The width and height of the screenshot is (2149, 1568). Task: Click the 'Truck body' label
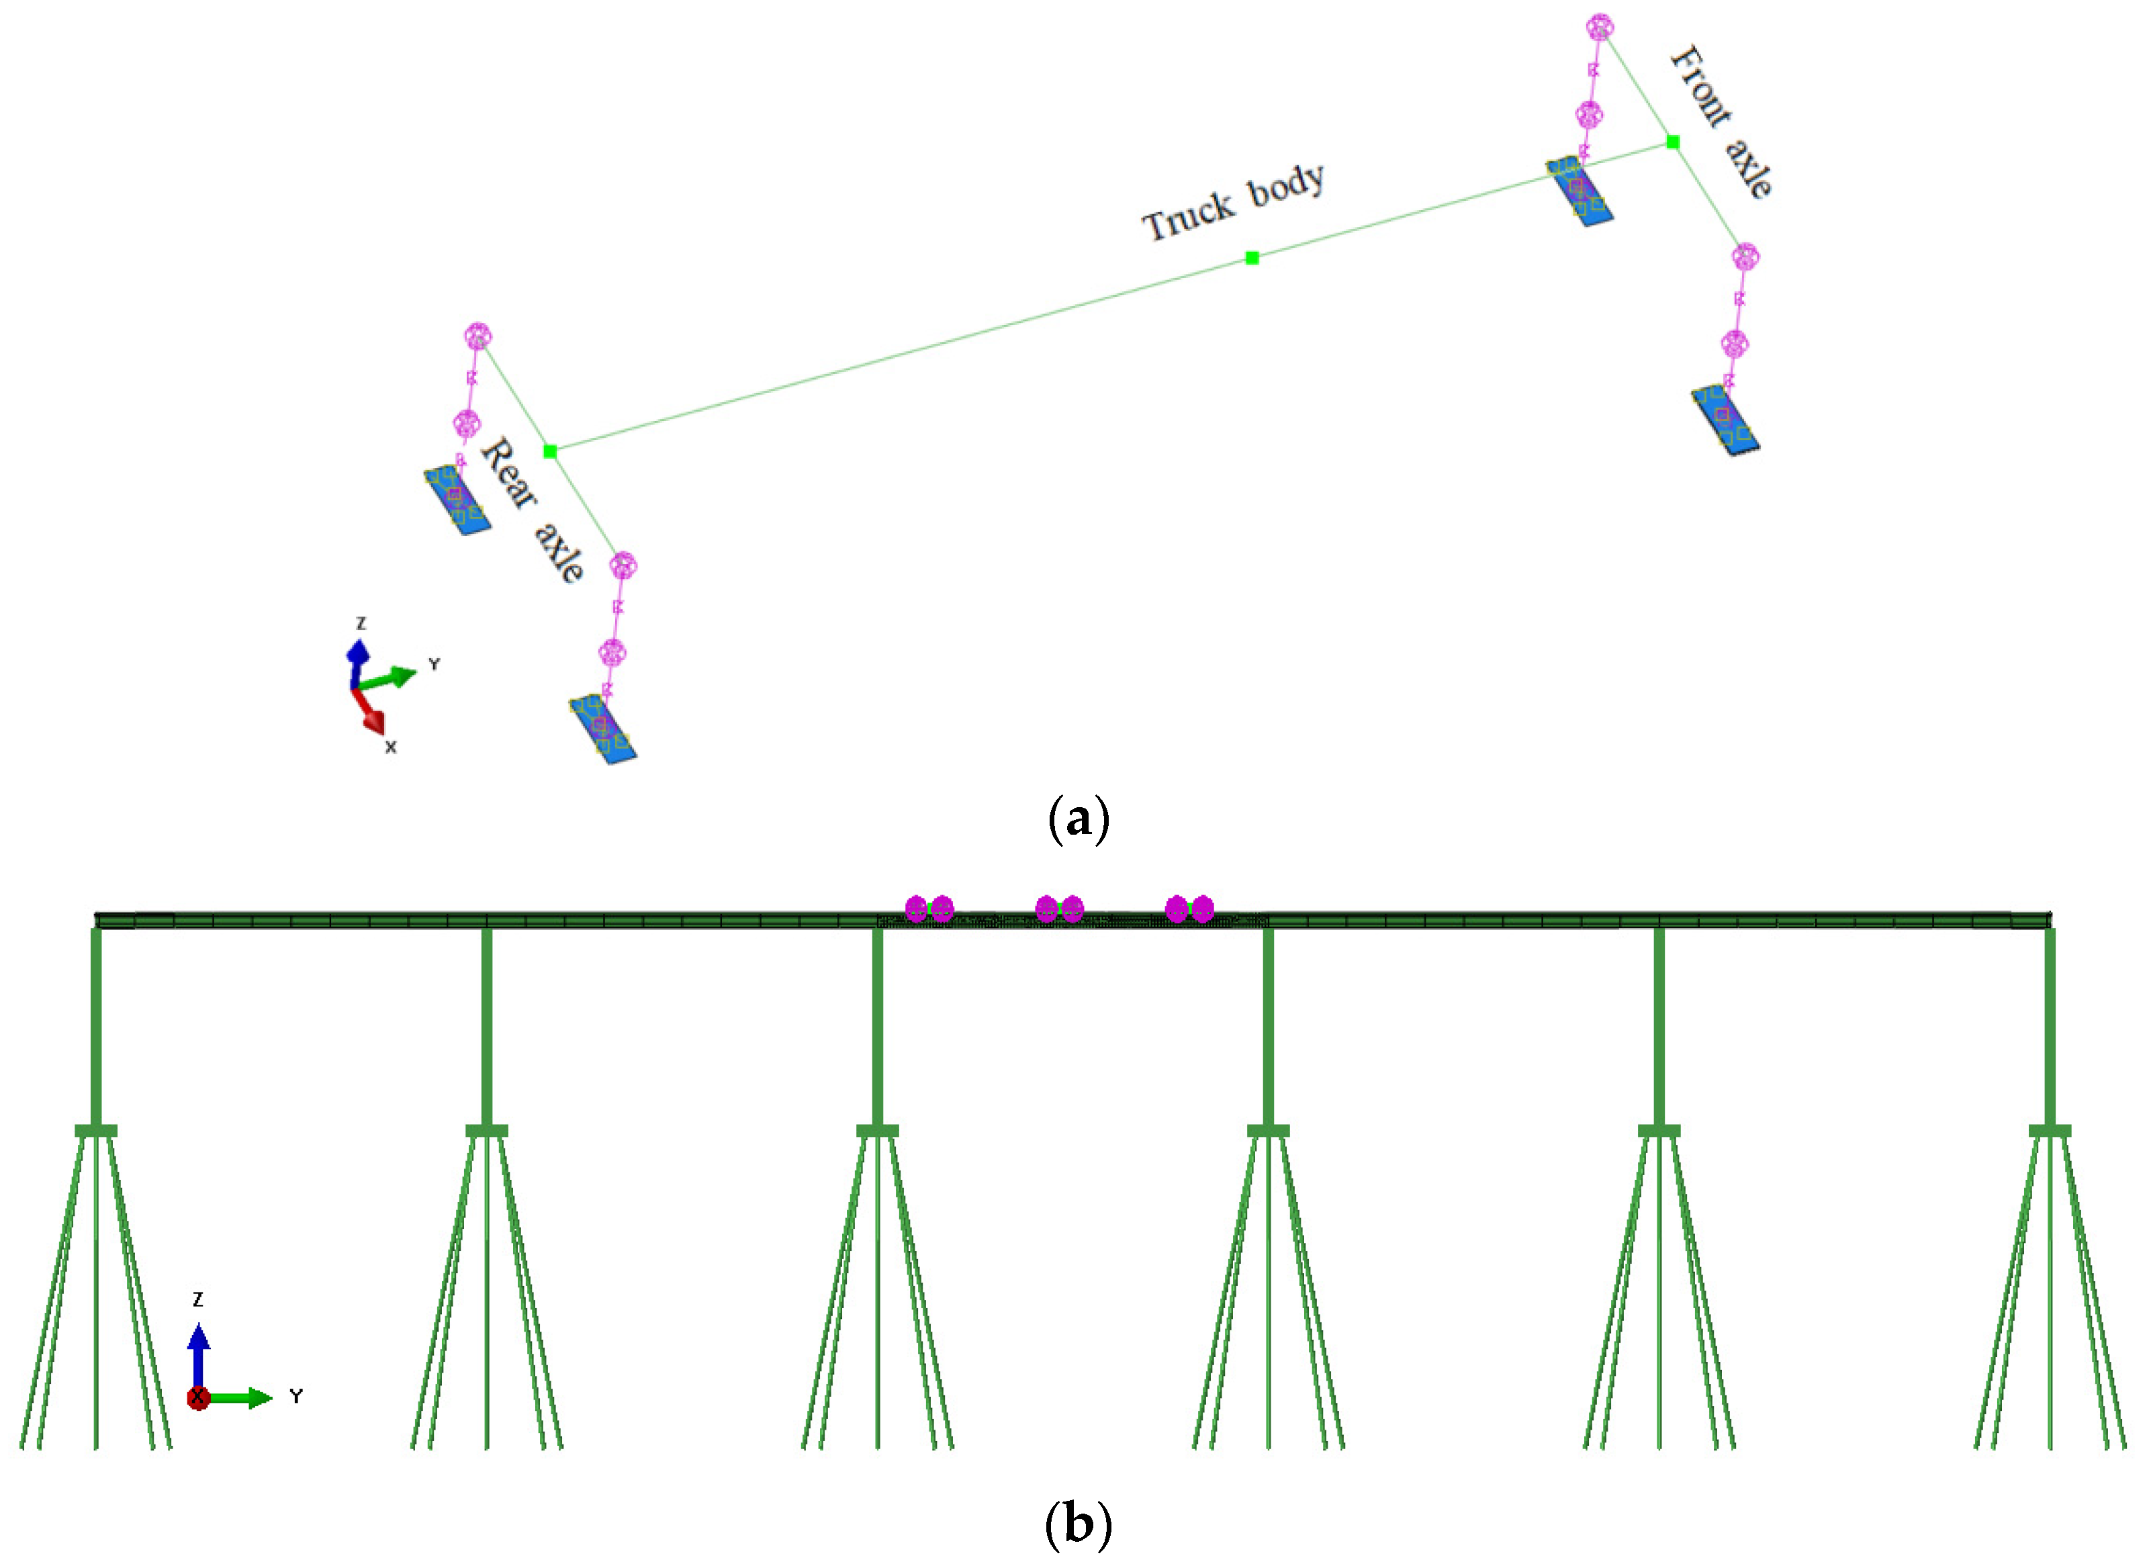[1232, 202]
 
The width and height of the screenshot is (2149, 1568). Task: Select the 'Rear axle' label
[532, 510]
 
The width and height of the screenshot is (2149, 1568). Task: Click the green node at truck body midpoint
[1252, 258]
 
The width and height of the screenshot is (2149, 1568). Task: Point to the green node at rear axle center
[549, 451]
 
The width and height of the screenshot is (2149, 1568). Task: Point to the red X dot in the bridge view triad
[197, 1398]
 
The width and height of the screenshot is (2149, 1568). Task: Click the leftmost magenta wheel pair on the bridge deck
[928, 909]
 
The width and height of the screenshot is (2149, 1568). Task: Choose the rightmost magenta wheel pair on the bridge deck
[1189, 909]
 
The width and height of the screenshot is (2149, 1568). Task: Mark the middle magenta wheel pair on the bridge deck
[1058, 909]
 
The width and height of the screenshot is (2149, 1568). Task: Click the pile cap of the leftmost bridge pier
[96, 1130]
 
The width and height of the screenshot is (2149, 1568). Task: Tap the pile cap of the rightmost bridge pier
[2050, 1130]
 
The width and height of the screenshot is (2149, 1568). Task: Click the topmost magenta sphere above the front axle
[1600, 28]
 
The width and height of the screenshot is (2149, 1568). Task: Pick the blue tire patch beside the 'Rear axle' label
[457, 499]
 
